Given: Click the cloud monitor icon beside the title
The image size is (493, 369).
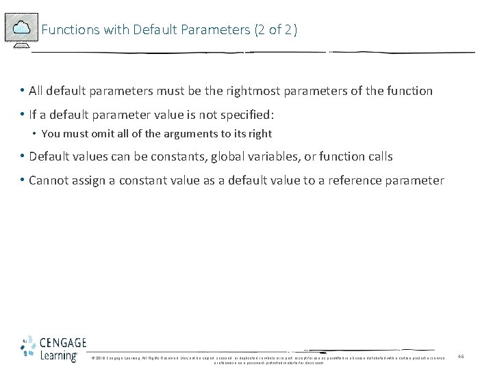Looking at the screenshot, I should (x=21, y=29).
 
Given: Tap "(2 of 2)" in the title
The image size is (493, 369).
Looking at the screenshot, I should (x=276, y=29).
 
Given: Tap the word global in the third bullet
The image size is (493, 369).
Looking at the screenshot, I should (x=232, y=156).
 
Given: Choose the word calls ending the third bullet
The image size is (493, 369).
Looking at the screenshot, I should (x=377, y=156).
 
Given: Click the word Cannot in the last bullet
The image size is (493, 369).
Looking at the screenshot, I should (x=49, y=180).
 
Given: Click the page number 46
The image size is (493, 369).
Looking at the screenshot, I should (x=461, y=357).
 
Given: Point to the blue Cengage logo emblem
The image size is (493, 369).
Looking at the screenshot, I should (x=28, y=348).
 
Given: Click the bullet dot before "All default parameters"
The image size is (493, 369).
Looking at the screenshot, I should (x=23, y=90).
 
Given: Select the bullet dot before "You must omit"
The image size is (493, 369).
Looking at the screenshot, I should (x=35, y=134).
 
